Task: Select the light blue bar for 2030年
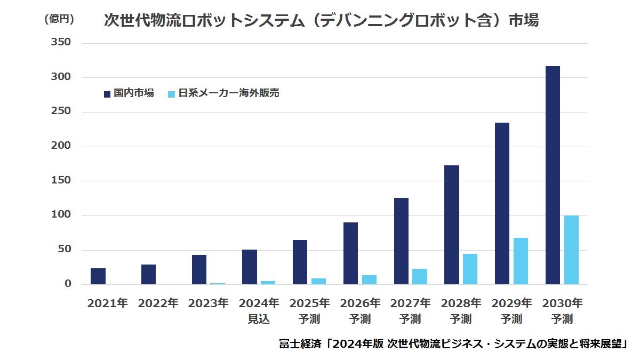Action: click(571, 250)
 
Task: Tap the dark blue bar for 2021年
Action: click(98, 276)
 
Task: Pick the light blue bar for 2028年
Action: click(470, 269)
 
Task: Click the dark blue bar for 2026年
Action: click(350, 253)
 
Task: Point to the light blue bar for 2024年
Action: click(268, 282)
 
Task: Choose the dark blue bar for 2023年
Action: click(199, 269)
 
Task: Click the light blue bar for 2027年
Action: click(420, 276)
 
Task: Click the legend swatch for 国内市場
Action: click(107, 94)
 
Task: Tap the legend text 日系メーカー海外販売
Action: click(229, 93)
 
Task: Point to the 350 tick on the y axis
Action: click(60, 43)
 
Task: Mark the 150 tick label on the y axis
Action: click(60, 181)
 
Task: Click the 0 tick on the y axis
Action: click(68, 284)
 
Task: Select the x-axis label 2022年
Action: click(158, 303)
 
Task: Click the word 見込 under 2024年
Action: click(259, 319)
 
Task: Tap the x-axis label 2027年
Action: click(411, 303)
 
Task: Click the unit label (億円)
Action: click(59, 19)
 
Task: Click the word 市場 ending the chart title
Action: click(523, 20)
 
